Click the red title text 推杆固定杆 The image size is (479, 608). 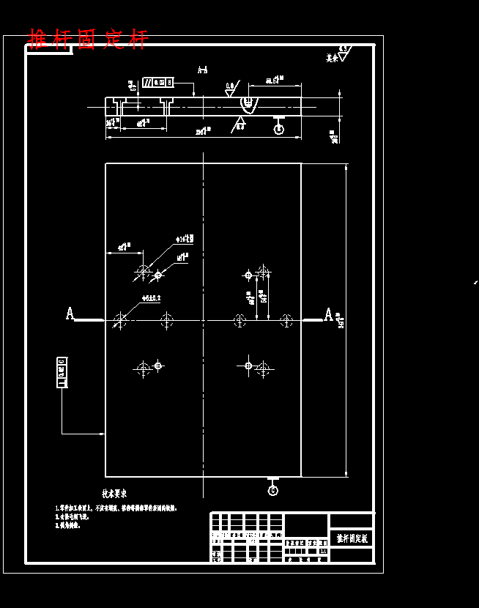pos(88,39)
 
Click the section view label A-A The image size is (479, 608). pos(203,70)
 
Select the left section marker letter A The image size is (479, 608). pos(70,314)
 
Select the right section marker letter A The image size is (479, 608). pos(329,314)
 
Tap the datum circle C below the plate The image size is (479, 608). pos(273,490)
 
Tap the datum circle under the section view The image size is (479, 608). pos(278,129)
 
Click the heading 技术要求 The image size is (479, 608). pos(119,494)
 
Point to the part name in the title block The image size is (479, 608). pos(352,538)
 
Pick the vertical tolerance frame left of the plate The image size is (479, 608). pos(62,372)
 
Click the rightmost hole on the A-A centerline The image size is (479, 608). pos(286,320)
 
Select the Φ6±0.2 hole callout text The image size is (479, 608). pos(151,298)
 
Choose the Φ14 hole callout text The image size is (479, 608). pos(185,240)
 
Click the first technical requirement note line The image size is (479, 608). pos(117,508)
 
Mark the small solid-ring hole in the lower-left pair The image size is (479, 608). pos(158,365)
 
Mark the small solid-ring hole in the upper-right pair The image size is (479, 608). pos(248,275)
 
